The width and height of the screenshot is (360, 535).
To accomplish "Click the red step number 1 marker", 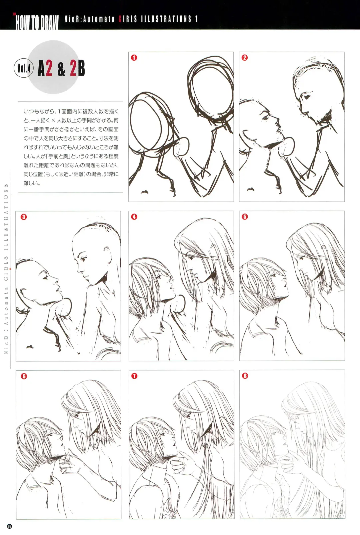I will [134, 58].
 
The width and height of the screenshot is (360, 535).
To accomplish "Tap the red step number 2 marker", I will [244, 58].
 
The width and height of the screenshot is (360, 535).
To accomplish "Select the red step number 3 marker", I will [24, 217].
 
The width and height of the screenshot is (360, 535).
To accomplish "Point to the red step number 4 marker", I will [134, 217].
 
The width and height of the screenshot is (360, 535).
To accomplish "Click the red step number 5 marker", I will [245, 217].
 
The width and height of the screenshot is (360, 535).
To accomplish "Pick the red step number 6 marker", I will [24, 376].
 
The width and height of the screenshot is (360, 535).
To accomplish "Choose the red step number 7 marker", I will [134, 376].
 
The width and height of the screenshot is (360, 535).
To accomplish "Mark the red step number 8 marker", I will [245, 376].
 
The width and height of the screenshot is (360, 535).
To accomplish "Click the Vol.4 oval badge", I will [24, 68].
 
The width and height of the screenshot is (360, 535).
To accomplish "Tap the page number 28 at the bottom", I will [9, 526].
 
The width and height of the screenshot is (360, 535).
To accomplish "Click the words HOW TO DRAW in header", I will [37, 22].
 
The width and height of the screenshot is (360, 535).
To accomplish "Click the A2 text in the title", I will [45, 69].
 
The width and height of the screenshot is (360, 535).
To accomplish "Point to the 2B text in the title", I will [77, 69].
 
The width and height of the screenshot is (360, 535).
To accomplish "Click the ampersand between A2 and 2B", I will [61, 69].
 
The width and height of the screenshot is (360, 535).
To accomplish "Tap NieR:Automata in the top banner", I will [89, 19].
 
